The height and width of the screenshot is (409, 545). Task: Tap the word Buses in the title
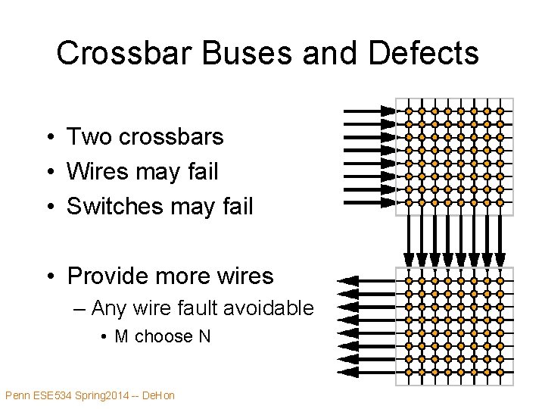216,54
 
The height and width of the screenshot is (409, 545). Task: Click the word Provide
114,276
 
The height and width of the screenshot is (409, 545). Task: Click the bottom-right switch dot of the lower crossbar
499,372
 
